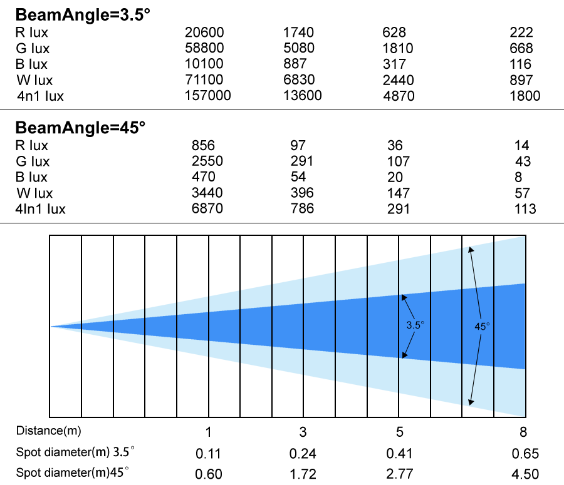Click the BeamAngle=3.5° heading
82,15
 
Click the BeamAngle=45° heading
80,128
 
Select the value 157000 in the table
207,96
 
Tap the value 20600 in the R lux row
204,33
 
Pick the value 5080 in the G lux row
298,48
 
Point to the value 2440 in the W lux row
398,80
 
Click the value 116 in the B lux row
520,64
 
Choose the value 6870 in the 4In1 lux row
207,209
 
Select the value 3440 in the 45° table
207,193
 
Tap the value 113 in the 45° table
525,209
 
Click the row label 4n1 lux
40,96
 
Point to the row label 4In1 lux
40,209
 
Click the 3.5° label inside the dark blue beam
415,325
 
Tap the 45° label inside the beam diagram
482,327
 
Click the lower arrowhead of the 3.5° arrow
404,355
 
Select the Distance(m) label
48,431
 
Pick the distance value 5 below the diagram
400,432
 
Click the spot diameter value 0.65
525,454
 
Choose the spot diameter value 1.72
303,474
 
